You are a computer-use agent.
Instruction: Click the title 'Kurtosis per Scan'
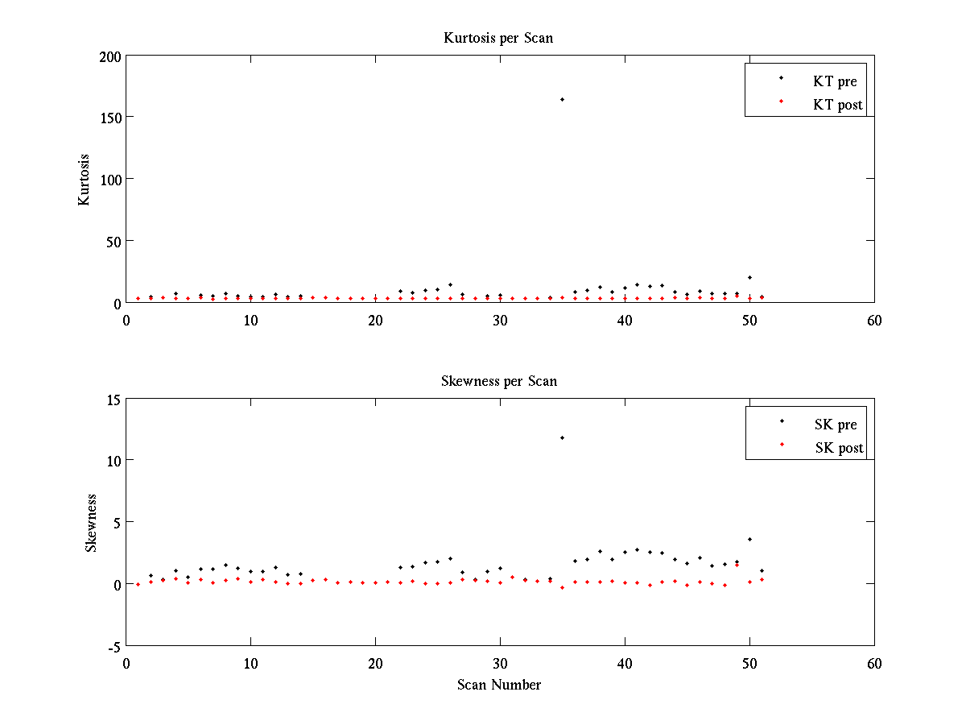click(x=498, y=38)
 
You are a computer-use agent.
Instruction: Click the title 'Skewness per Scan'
click(x=498, y=381)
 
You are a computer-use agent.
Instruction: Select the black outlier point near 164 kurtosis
click(x=562, y=99)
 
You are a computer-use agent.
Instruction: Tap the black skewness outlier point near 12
click(x=562, y=437)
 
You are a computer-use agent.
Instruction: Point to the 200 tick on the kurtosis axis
click(x=110, y=56)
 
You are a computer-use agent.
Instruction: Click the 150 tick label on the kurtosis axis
click(x=110, y=118)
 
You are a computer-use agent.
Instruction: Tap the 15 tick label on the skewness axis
click(x=114, y=399)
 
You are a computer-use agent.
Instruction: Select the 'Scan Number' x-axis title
click(x=499, y=685)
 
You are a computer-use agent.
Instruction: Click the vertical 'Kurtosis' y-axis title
click(x=85, y=180)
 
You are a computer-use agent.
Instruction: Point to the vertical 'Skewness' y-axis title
click(x=92, y=523)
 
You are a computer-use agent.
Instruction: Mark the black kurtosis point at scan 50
click(x=749, y=277)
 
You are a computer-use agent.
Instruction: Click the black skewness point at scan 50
click(x=749, y=539)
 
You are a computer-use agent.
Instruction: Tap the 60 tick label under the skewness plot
click(x=874, y=663)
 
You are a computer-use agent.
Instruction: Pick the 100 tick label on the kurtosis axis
click(x=110, y=180)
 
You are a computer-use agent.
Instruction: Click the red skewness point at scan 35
click(x=562, y=587)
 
